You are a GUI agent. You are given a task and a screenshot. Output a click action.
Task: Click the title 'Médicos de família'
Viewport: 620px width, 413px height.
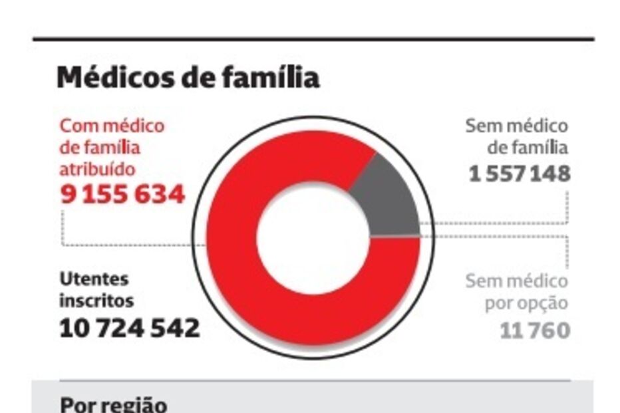188,78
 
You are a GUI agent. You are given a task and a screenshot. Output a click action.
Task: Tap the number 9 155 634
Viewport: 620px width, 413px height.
122,195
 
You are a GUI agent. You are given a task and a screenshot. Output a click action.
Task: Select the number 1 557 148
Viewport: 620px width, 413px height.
519,174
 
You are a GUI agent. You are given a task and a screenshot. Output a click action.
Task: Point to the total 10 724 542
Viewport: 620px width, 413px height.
130,329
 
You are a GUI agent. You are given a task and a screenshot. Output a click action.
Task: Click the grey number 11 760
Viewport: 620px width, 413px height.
535,331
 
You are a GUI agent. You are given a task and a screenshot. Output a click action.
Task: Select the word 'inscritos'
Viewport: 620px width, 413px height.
96,301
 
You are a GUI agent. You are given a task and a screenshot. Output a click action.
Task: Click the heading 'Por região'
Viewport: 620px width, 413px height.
114,404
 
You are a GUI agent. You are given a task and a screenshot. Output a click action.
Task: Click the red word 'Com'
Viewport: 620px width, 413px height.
75,125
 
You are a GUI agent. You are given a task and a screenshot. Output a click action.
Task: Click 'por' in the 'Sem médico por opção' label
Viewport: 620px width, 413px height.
500,304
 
